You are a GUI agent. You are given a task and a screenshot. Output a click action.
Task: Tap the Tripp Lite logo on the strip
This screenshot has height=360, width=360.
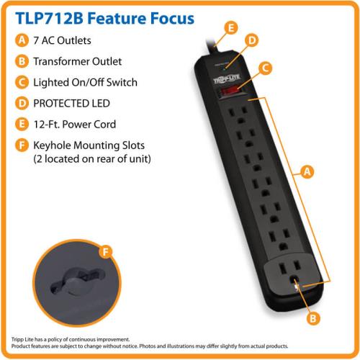tap(227, 78)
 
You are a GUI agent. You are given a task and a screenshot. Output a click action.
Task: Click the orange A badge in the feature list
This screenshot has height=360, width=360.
tap(22, 40)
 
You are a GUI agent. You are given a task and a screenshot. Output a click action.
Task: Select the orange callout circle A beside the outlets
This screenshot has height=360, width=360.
tap(307, 172)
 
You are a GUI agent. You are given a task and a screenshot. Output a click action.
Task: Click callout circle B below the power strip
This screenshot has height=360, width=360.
tap(313, 318)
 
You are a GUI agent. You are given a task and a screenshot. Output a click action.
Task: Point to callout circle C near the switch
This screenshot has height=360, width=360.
tap(266, 68)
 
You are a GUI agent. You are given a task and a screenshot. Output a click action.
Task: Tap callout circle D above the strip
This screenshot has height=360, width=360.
tap(252, 40)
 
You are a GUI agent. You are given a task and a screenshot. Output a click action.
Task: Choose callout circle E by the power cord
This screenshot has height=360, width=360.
tap(231, 28)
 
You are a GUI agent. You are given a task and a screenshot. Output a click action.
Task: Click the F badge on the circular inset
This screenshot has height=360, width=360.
tap(106, 252)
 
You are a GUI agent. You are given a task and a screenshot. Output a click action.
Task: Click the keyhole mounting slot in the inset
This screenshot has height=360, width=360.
tap(77, 281)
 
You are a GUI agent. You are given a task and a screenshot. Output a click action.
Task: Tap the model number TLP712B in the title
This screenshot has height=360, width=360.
tap(49, 19)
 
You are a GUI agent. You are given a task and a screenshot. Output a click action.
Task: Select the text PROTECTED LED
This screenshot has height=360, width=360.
tap(71, 104)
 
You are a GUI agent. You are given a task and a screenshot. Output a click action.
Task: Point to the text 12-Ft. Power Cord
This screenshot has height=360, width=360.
tap(75, 125)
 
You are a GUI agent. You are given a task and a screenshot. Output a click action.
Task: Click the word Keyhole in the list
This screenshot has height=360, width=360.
tap(52, 145)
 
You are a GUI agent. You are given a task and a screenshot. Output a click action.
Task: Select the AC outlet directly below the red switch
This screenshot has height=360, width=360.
tap(238, 114)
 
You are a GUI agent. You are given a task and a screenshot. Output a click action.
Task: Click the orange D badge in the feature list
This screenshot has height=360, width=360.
tap(22, 104)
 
